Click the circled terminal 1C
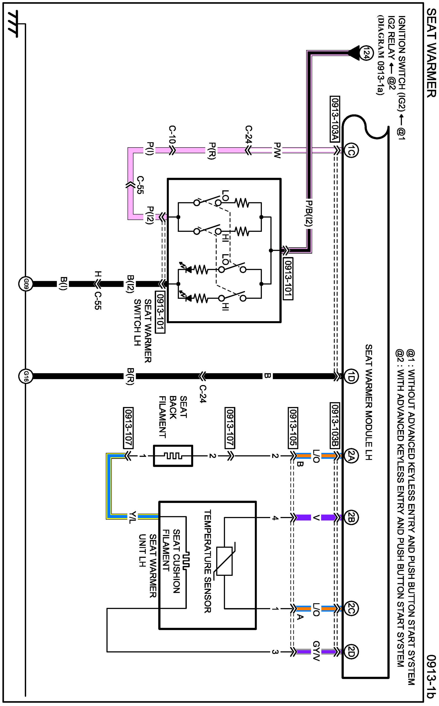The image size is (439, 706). [x=351, y=150]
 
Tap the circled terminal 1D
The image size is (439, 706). [x=351, y=377]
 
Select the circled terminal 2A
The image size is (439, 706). [x=351, y=456]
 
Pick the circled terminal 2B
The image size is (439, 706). [x=351, y=518]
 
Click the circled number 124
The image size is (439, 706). [x=365, y=53]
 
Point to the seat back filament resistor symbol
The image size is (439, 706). [x=173, y=456]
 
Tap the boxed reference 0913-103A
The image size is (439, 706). [x=335, y=119]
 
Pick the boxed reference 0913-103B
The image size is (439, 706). [x=335, y=425]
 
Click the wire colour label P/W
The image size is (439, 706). [x=277, y=150]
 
